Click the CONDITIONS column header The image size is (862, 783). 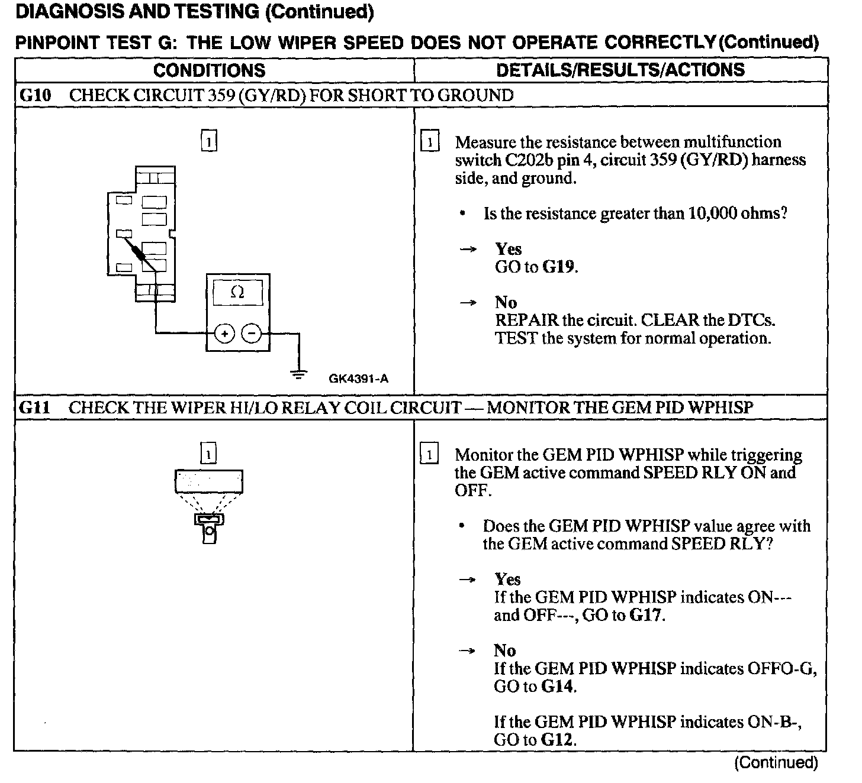click(209, 70)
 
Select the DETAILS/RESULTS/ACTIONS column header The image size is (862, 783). click(620, 70)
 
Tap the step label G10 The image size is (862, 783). click(36, 95)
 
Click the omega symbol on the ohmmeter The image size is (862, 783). click(237, 292)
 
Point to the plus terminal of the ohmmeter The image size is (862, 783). click(224, 334)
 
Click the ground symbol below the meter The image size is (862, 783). click(299, 373)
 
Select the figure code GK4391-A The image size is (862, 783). click(358, 379)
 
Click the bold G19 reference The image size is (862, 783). click(559, 267)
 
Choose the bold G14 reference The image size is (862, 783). click(558, 687)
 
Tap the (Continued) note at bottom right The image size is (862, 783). click(776, 763)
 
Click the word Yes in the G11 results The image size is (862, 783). click(507, 580)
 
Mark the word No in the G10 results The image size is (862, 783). click(506, 303)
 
